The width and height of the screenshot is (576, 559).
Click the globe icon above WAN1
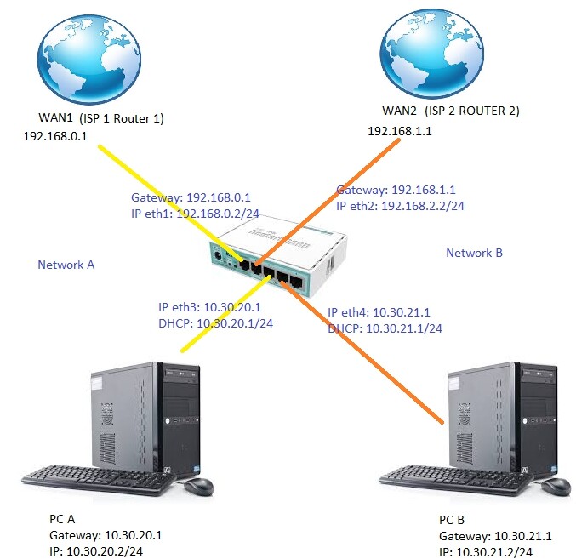(88, 58)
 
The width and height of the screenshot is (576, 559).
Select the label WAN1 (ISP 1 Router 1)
(101, 118)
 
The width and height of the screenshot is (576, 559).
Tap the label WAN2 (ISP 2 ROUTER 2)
(451, 111)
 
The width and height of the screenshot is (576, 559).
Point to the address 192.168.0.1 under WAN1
(55, 134)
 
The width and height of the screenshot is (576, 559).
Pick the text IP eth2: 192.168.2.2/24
(399, 206)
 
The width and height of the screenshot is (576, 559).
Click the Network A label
(66, 265)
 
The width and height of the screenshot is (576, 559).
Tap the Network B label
(475, 253)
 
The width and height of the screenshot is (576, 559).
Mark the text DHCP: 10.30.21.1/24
(385, 328)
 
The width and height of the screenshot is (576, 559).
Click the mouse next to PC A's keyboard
(197, 486)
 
